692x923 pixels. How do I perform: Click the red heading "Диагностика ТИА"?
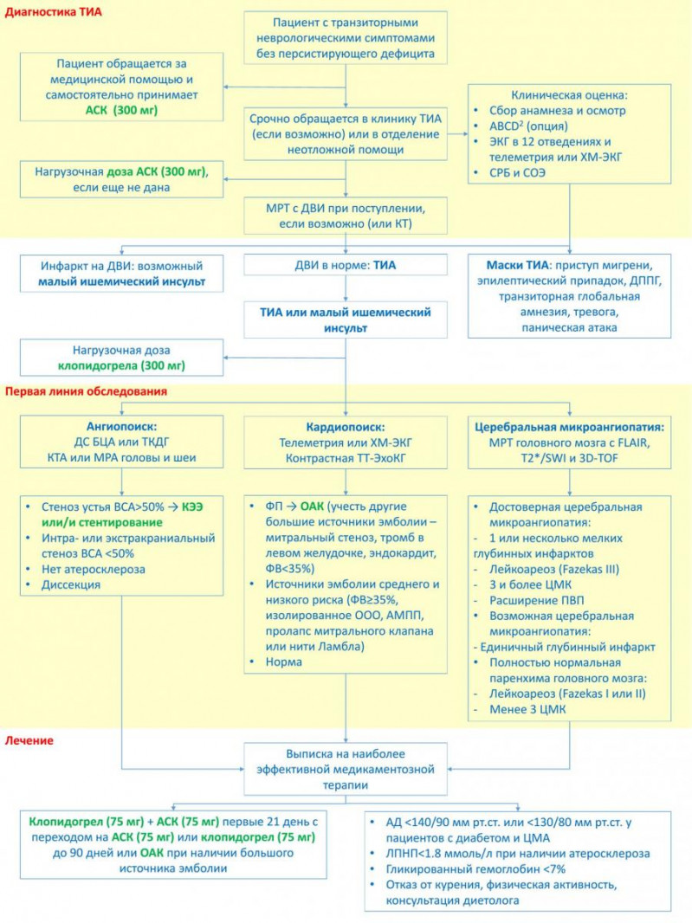click(x=53, y=12)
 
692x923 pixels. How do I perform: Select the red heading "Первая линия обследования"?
click(x=86, y=391)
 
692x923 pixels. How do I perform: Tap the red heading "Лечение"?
click(x=29, y=740)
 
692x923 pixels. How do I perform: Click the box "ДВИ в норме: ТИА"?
click(x=346, y=265)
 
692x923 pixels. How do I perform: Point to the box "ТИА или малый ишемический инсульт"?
click(x=346, y=319)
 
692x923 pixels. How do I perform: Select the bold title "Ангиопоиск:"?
click(x=122, y=427)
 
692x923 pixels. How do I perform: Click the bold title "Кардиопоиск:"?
click(x=346, y=428)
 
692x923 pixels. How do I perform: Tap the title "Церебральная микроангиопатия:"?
click(x=570, y=428)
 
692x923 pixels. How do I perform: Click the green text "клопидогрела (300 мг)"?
click(x=122, y=365)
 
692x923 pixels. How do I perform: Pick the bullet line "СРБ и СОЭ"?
click(x=517, y=173)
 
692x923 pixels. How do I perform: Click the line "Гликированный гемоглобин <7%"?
click(x=475, y=868)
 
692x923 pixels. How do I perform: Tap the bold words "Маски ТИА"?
click(x=517, y=266)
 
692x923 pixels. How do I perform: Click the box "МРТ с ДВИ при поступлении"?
click(x=346, y=216)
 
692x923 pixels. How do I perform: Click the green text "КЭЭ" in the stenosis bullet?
click(x=192, y=507)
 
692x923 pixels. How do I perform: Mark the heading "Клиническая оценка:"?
click(x=570, y=94)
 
